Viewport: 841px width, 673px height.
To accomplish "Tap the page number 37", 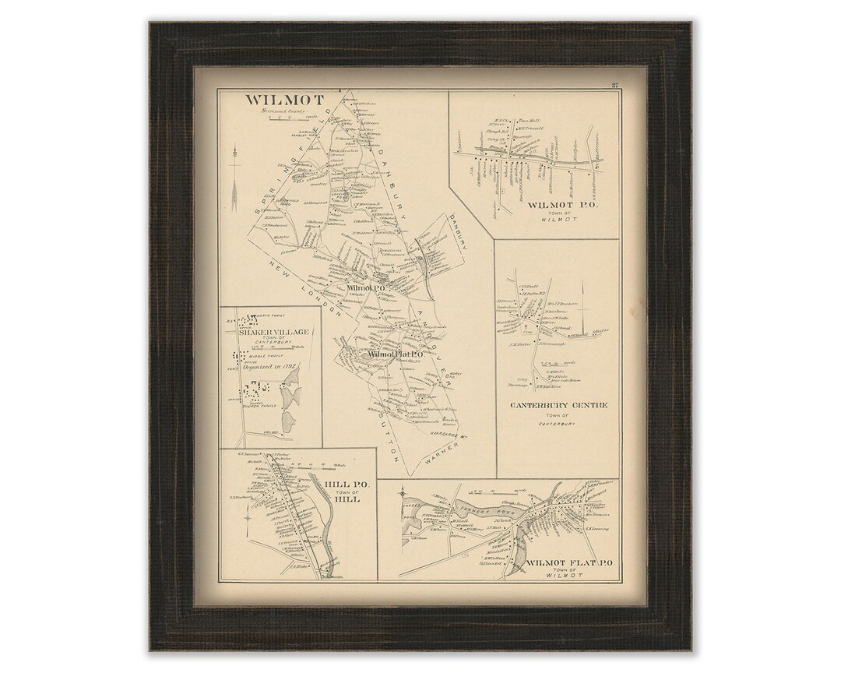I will click(614, 86).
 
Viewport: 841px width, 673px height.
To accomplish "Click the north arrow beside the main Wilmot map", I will click(233, 171).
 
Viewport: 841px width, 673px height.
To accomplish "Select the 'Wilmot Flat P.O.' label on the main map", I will click(395, 354).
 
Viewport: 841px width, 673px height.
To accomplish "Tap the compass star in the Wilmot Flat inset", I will click(402, 493).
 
